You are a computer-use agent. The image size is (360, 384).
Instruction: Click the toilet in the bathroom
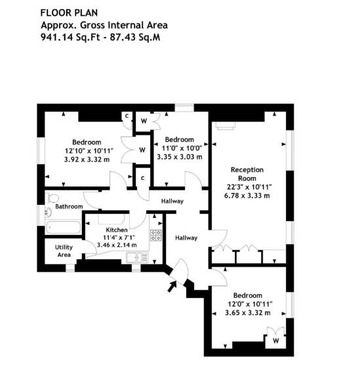coord(53,198)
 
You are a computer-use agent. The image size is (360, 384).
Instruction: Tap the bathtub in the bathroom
coord(63,228)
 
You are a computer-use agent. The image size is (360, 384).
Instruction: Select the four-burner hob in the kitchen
coord(156,236)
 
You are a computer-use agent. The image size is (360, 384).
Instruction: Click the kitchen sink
coord(137,257)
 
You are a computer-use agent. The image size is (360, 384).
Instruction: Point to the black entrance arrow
coord(172,286)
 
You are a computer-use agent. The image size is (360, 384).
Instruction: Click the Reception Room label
coord(247,174)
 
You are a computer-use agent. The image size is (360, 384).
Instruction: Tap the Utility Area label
coord(64,251)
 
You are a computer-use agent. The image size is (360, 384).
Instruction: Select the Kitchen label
coord(117,230)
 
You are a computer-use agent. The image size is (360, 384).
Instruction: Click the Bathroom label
coord(69,207)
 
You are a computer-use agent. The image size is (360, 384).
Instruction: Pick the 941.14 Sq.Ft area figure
coord(70,37)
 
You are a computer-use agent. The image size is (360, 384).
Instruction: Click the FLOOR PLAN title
coord(69,12)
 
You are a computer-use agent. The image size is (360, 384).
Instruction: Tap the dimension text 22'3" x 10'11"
coord(249,187)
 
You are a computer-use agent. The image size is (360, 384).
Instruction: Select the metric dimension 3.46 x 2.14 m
coord(117,245)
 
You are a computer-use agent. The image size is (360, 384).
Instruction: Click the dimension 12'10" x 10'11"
coord(89,150)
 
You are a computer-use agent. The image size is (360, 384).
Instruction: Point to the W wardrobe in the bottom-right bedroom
coord(275,341)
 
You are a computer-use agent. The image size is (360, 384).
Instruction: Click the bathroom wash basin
coord(49,213)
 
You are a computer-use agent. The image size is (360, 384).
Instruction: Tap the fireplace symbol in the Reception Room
coord(225,125)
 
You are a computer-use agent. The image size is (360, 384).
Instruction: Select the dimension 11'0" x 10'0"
coord(182,148)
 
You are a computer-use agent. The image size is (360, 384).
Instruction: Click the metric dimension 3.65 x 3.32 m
coord(248,312)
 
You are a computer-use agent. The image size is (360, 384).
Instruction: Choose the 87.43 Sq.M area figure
coord(135,37)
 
